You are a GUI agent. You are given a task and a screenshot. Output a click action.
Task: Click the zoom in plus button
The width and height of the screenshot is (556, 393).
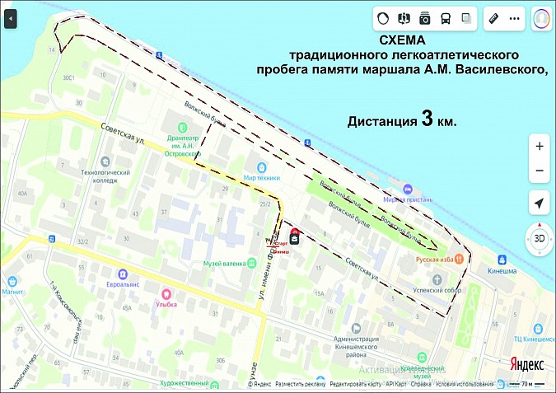tap(540, 146)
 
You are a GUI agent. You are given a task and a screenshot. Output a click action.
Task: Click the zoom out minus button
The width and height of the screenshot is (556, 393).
tap(540, 171)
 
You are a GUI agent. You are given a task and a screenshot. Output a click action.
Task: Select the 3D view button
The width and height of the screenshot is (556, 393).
tap(539, 239)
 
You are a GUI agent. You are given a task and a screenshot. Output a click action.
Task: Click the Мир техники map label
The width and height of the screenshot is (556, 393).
tap(262, 177)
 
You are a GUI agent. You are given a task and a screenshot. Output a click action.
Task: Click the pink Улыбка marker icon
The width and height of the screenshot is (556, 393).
tap(165, 293)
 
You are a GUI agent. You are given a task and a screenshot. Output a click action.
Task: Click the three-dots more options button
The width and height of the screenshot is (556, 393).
tap(515, 17)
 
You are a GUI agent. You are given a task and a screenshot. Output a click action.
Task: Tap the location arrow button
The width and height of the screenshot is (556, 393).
tap(539, 204)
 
